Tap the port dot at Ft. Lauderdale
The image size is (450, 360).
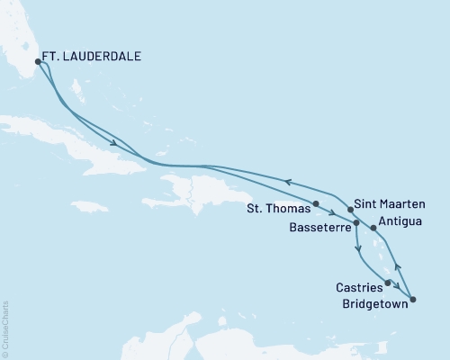[38, 61]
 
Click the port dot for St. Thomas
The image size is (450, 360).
[315, 203]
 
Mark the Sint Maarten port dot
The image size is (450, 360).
[350, 209]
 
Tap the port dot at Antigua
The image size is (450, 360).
[373, 228]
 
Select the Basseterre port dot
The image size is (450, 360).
[357, 222]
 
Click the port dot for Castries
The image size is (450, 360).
[388, 283]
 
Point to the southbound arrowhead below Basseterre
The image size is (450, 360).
[358, 247]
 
